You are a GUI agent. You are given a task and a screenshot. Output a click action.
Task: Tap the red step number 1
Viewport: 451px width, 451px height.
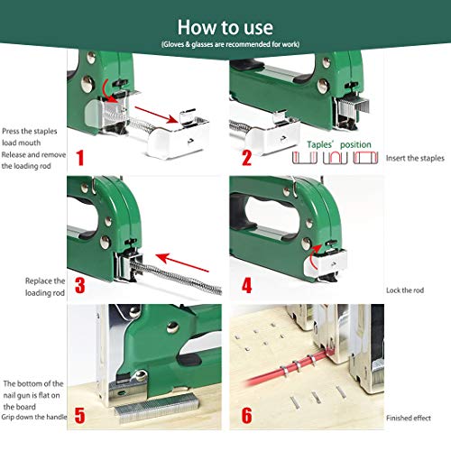(80, 160)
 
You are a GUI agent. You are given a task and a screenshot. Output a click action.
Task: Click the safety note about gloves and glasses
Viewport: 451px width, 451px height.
(225, 43)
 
